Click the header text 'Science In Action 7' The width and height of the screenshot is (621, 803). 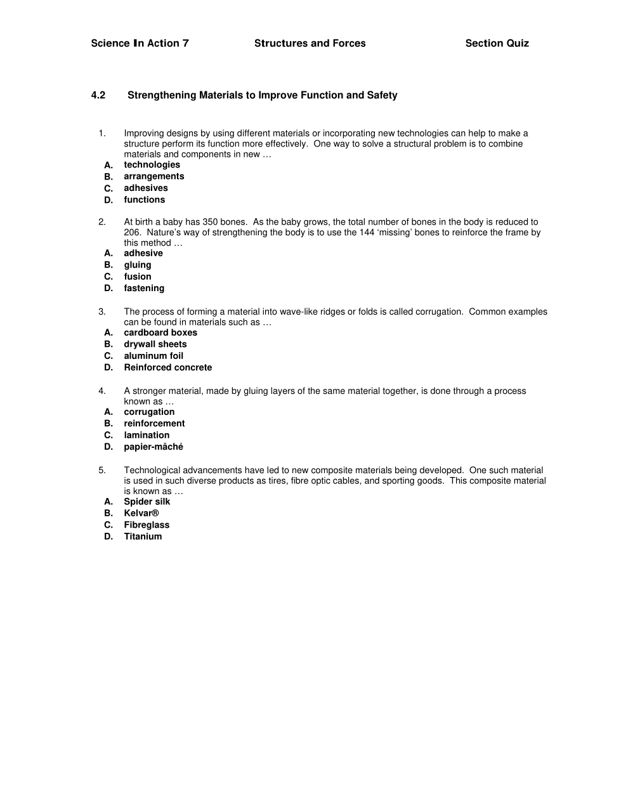[x=140, y=43]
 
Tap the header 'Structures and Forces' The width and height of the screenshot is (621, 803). [x=310, y=43]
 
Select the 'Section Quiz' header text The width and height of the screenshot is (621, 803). [x=497, y=43]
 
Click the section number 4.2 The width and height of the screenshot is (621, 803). [x=98, y=95]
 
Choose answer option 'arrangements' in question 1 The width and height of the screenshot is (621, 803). [x=154, y=176]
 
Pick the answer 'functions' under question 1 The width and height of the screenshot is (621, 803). [x=144, y=200]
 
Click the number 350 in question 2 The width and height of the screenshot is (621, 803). [x=210, y=222]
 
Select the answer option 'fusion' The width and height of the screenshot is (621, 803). [x=138, y=277]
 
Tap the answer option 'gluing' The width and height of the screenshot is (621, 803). [x=138, y=265]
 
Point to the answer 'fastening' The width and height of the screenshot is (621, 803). [x=144, y=288]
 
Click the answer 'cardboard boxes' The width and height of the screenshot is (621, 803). [x=160, y=332]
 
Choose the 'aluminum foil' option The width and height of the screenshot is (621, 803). [x=154, y=356]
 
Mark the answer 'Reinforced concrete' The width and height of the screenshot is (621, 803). [x=168, y=367]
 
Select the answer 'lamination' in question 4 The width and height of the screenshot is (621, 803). [x=147, y=435]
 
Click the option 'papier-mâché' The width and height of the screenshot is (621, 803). [x=154, y=447]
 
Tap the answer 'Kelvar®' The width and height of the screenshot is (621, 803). [x=141, y=513]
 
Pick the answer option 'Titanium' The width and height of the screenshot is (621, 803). [x=143, y=537]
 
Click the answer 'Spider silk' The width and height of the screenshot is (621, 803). [x=147, y=502]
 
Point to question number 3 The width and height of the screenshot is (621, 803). [x=101, y=311]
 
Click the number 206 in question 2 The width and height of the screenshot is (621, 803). [x=131, y=232]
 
